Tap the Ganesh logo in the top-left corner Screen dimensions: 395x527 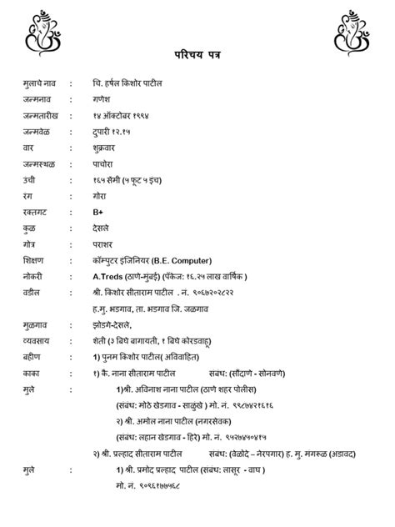tap(39, 28)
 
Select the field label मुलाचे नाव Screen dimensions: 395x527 tap(44, 85)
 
